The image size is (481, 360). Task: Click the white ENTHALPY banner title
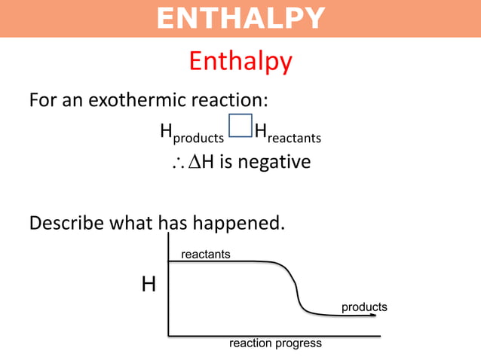240,18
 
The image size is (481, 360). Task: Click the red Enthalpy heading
240,61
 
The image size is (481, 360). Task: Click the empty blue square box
240,126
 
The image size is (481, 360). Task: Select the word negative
274,162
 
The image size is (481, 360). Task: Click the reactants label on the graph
205,255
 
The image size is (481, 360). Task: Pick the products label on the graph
364,307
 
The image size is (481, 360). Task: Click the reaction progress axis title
275,343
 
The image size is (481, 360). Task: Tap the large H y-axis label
149,285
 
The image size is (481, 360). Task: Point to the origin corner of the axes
168,334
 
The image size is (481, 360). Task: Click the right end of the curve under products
372,315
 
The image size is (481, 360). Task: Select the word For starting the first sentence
41,100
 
